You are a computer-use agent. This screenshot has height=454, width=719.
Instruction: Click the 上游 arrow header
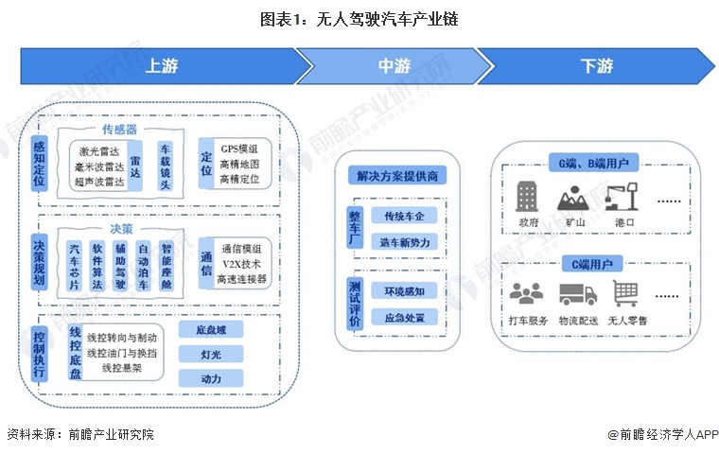pos(161,66)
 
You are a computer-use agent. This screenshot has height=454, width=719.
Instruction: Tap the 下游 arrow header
pos(596,66)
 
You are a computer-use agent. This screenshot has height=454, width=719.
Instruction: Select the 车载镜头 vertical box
pos(165,166)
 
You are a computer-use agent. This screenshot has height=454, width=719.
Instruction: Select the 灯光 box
pos(210,355)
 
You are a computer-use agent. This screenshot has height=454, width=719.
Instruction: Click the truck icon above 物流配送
pos(577,294)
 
